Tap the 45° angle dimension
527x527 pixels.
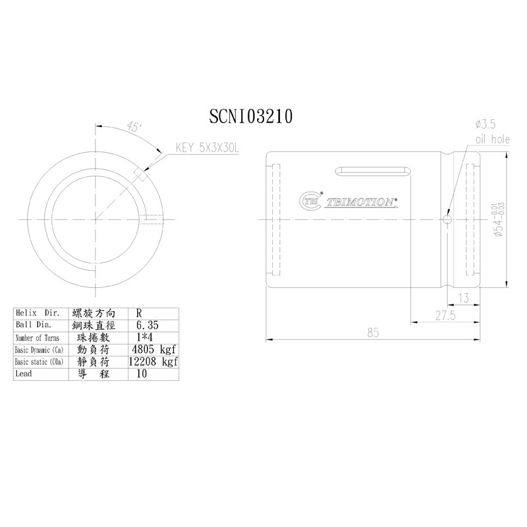135,128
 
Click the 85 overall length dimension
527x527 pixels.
374,333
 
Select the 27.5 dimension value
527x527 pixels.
446,316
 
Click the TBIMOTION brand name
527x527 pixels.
360,202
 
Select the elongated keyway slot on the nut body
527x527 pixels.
371,172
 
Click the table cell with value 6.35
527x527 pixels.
147,325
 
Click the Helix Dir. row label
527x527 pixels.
38,314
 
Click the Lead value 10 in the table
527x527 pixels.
141,374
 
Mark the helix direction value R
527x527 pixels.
137,314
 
